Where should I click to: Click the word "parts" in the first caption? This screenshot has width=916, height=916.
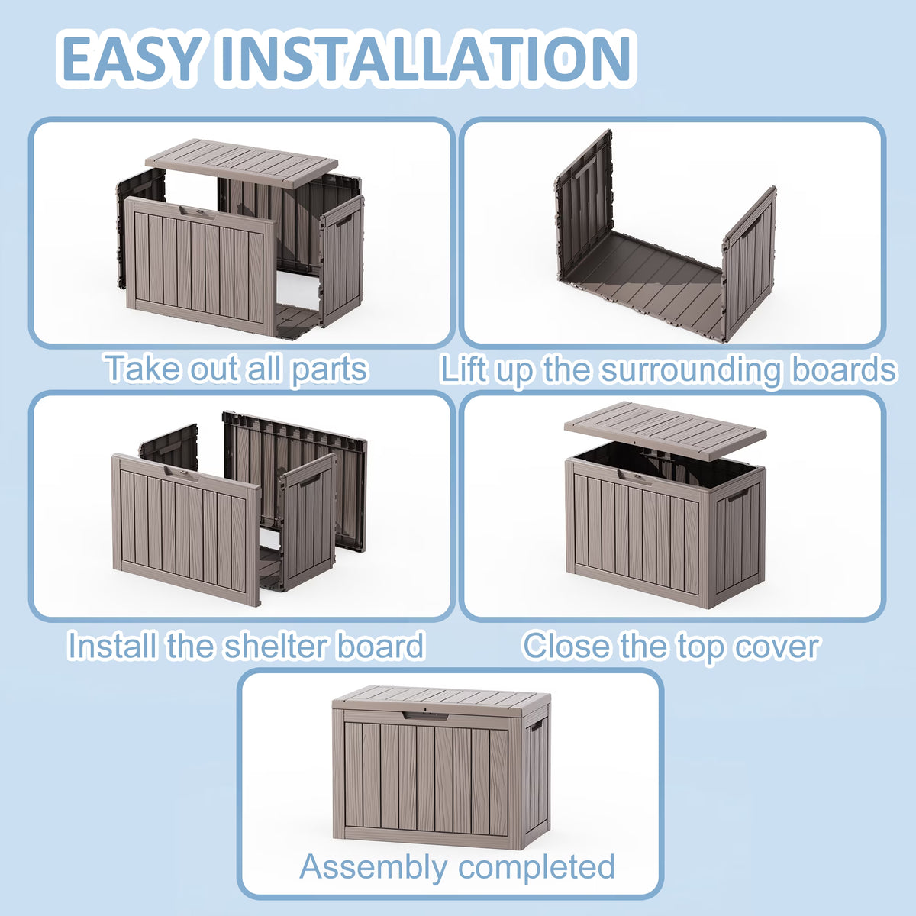(x=330, y=369)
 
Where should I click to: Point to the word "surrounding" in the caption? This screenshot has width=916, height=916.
(x=690, y=371)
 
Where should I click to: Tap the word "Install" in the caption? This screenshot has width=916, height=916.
(x=112, y=646)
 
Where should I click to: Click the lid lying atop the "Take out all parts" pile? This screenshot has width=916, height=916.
(x=241, y=163)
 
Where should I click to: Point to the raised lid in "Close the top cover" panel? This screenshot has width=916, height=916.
(x=665, y=431)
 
